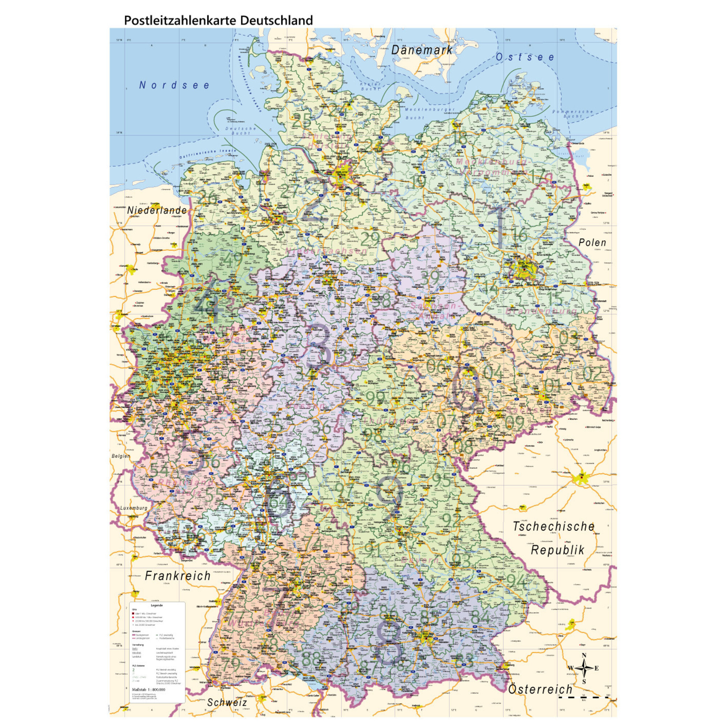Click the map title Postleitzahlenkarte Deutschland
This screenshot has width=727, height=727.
click(x=218, y=20)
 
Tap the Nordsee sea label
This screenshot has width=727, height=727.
click(x=174, y=85)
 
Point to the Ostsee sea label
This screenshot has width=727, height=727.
click(x=525, y=57)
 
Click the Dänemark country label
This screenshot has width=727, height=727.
click(x=421, y=50)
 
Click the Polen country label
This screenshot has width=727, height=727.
click(x=592, y=242)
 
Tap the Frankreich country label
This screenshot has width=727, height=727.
click(x=178, y=576)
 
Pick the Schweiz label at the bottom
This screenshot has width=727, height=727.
click(x=227, y=703)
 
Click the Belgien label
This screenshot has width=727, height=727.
click(x=121, y=456)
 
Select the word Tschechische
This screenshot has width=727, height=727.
click(x=553, y=526)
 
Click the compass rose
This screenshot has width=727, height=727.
click(x=584, y=668)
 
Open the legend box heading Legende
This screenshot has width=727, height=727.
click(x=157, y=606)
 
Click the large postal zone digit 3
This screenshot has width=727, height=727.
click(x=319, y=346)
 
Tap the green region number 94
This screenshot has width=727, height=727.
click(x=517, y=581)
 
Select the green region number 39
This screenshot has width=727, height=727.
click(x=430, y=278)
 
